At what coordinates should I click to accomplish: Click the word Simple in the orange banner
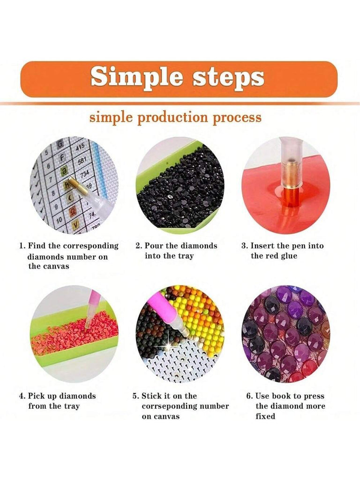(136, 78)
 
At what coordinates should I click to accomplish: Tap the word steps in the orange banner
(228, 78)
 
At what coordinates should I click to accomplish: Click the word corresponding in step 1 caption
(90, 246)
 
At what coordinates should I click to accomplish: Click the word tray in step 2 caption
(187, 256)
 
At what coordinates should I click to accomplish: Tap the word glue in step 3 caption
(289, 256)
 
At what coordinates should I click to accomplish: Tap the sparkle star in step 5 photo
(168, 345)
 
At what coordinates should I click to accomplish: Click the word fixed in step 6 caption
(265, 416)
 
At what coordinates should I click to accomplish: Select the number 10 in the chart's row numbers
(59, 219)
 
